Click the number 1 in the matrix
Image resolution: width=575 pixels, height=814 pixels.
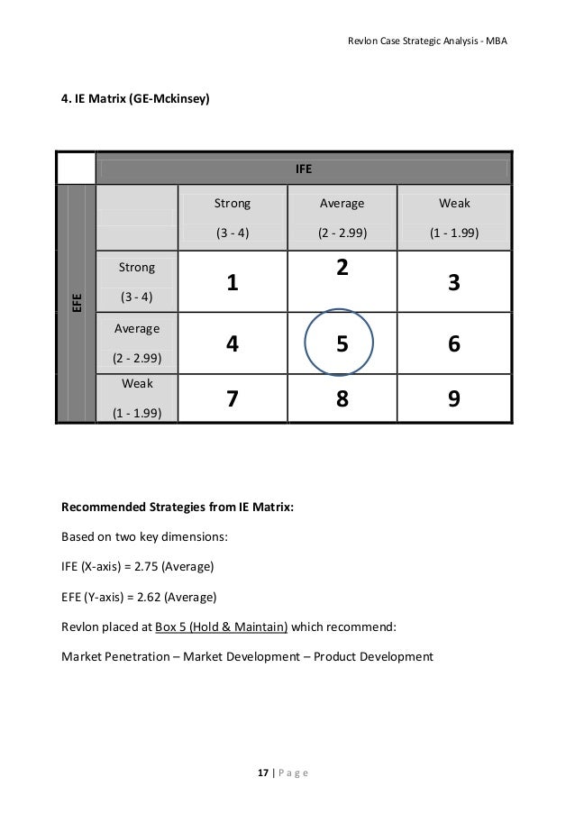[x=233, y=283]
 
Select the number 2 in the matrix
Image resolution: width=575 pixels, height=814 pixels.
[x=342, y=269]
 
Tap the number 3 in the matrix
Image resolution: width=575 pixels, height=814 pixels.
[x=454, y=283]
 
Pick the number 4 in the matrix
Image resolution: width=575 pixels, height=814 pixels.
[x=233, y=343]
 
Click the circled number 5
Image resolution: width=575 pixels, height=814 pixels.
[x=342, y=343]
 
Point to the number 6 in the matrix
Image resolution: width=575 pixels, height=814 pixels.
[x=454, y=343]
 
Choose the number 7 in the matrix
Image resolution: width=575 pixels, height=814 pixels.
[x=233, y=398]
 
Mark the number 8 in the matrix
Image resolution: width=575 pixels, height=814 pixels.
[x=342, y=398]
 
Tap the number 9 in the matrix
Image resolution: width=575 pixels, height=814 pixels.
[x=454, y=398]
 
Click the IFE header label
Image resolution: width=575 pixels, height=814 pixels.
[x=303, y=169]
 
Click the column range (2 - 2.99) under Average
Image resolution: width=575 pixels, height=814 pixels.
[x=342, y=233]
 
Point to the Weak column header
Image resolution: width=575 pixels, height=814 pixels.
[x=454, y=204]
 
